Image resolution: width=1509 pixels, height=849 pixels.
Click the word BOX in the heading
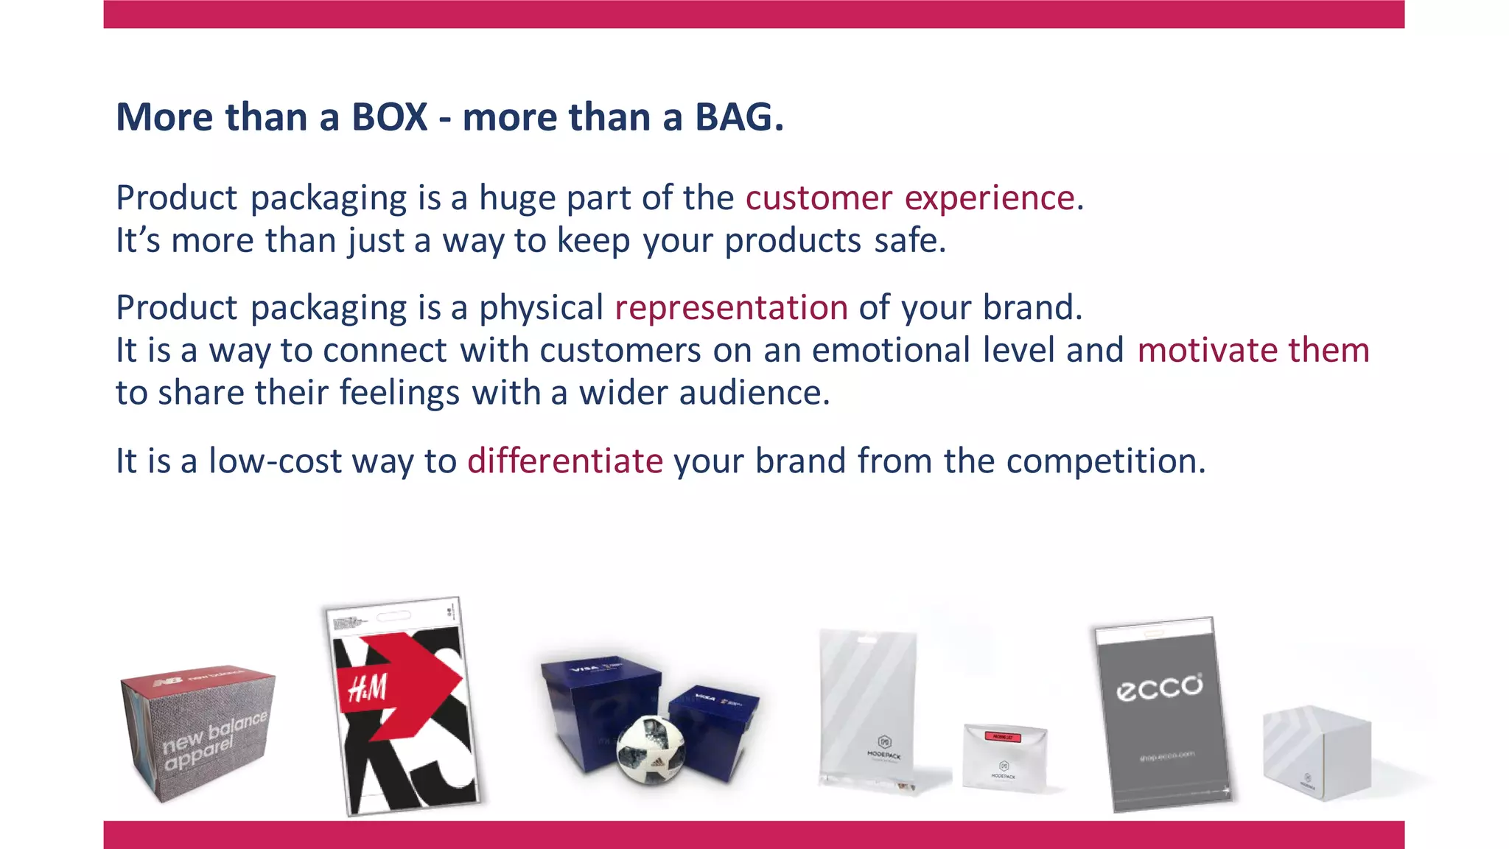click(389, 117)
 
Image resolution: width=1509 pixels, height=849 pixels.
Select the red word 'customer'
click(819, 198)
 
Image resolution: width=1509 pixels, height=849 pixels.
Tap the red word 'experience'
click(990, 198)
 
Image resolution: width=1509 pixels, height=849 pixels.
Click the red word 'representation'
click(731, 307)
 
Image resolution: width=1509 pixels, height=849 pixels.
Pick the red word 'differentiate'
click(565, 461)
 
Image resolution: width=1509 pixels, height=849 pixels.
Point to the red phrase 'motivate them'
click(1253, 350)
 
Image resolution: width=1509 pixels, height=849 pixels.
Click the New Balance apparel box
click(197, 733)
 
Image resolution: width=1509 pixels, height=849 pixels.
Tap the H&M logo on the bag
click(367, 689)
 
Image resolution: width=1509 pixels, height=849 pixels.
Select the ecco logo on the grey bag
click(1159, 687)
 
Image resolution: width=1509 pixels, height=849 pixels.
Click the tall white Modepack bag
click(868, 707)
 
